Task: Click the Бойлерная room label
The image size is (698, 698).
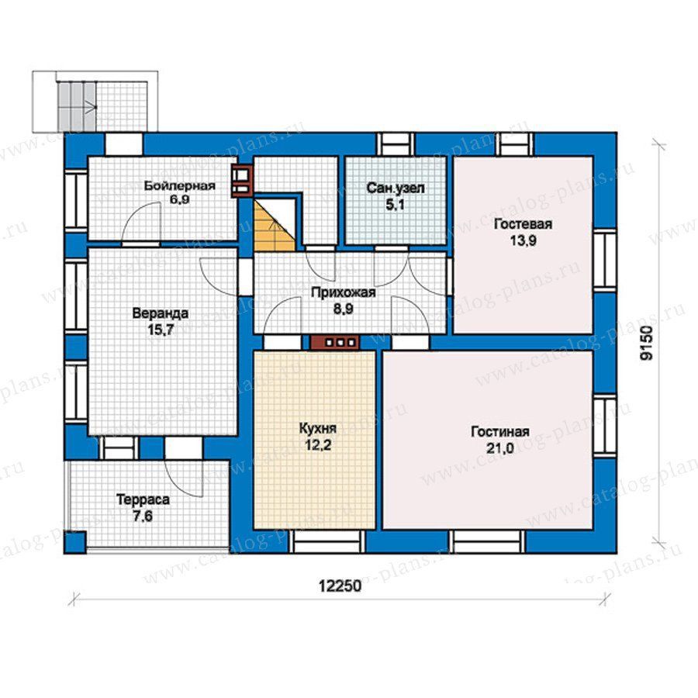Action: (179, 185)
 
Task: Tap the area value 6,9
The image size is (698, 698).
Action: (179, 199)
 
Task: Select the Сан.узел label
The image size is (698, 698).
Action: (396, 188)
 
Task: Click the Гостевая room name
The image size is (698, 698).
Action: (523, 224)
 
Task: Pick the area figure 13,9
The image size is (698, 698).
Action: (523, 240)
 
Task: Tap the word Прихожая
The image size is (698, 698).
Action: (344, 293)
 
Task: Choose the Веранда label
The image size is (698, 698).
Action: (161, 313)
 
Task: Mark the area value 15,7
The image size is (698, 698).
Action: (161, 330)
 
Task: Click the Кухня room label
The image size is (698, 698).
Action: (317, 429)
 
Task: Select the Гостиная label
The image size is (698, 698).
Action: (500, 432)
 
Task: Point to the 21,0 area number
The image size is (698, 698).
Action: (500, 448)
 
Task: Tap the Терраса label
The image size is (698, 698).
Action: (143, 499)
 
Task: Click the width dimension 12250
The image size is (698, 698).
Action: (340, 586)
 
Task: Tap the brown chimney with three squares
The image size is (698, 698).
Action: (335, 342)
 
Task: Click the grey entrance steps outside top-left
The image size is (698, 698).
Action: (76, 107)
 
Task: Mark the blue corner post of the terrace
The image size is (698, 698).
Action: (75, 542)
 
